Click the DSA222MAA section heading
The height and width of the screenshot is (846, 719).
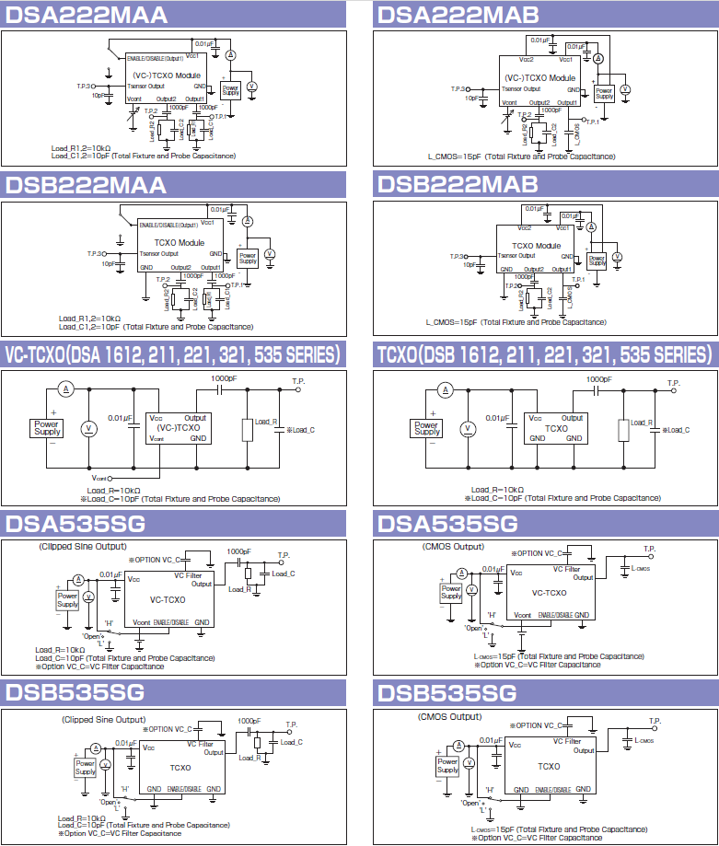pyautogui.click(x=87, y=15)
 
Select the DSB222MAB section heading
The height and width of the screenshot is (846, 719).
pyautogui.click(x=458, y=184)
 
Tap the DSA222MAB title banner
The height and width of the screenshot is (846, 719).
pyautogui.click(x=458, y=15)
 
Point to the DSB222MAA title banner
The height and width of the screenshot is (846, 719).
pyautogui.click(x=87, y=184)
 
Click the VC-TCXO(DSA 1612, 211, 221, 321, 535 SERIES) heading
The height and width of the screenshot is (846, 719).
pyautogui.click(x=173, y=355)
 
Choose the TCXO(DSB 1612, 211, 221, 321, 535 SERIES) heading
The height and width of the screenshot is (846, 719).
pyautogui.click(x=544, y=355)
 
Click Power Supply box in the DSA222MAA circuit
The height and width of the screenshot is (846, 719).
pyautogui.click(x=230, y=90)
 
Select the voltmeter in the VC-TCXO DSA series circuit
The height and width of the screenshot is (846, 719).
pyautogui.click(x=89, y=428)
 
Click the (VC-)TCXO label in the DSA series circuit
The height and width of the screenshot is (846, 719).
pyautogui.click(x=179, y=428)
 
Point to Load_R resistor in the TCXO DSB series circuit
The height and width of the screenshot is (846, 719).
pyautogui.click(x=624, y=428)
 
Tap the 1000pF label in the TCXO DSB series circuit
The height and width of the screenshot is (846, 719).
pyautogui.click(x=598, y=379)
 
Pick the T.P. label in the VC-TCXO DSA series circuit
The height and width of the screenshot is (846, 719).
pyautogui.click(x=298, y=380)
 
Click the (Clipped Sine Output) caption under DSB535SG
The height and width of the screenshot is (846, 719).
pyautogui.click(x=103, y=719)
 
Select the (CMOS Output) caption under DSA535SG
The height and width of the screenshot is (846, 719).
pyautogui.click(x=453, y=547)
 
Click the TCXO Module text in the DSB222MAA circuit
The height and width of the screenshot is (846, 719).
pyautogui.click(x=180, y=242)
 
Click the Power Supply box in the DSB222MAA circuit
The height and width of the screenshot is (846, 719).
pyautogui.click(x=248, y=258)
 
